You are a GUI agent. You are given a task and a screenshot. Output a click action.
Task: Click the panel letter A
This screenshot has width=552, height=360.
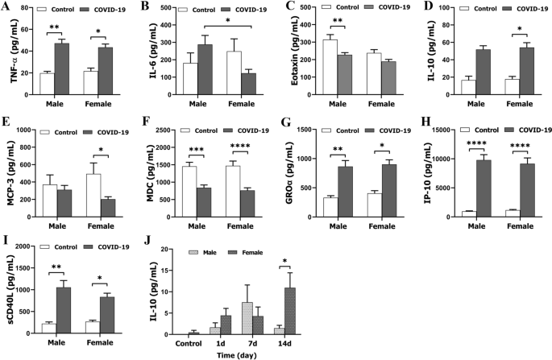6,7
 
